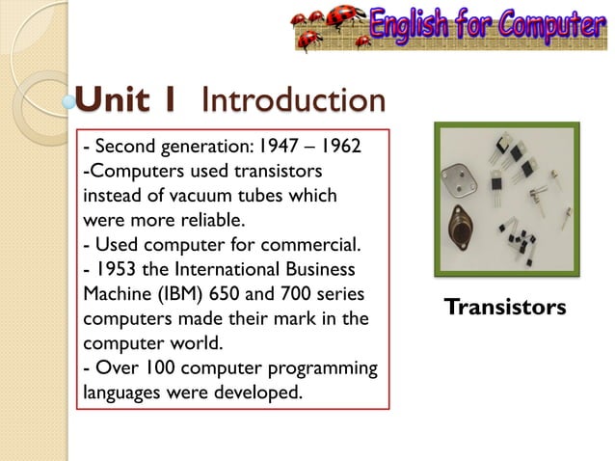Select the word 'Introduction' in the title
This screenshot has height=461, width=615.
point(294,99)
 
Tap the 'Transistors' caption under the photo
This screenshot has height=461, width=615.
point(505,308)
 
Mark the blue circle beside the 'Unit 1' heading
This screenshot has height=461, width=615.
point(68,100)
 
